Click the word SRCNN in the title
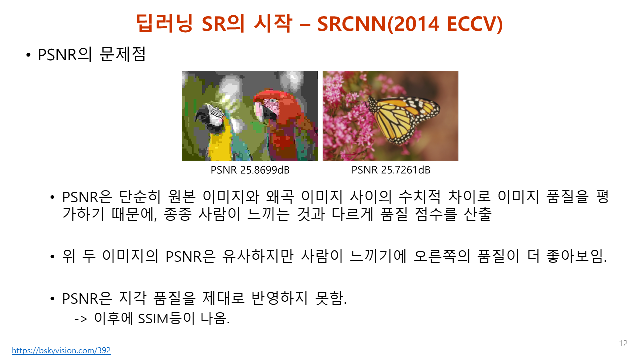tap(351, 24)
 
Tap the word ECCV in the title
tap(471, 24)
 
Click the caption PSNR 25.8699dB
tap(250, 170)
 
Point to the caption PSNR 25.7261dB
tap(391, 170)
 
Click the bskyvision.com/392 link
tap(61, 350)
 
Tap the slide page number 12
tap(623, 343)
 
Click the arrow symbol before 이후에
tap(81, 319)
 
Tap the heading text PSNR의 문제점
tap(92, 54)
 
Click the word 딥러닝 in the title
tap(164, 23)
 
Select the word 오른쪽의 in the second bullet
tap(442, 256)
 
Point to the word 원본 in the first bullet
tap(182, 197)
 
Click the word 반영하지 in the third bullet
tap(279, 298)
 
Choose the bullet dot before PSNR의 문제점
tap(28, 55)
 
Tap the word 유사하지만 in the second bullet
tap(258, 256)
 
